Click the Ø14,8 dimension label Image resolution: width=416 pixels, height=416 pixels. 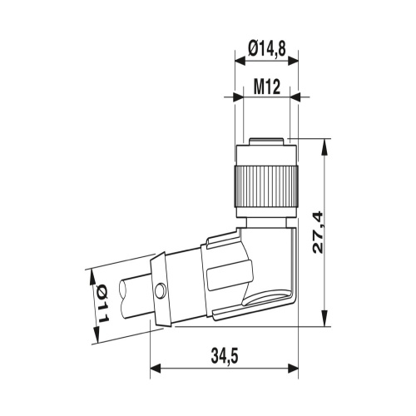267,49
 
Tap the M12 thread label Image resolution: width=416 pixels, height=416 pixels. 267,87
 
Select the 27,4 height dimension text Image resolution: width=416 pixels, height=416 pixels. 318,232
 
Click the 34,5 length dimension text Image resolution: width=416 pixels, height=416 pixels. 225,356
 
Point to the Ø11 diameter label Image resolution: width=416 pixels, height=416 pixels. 102,304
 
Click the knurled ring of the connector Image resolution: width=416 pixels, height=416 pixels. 266,186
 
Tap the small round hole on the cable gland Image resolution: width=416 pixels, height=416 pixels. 161,291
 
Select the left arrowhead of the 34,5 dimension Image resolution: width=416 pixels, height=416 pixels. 156,369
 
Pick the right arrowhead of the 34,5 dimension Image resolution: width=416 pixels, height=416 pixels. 293,369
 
